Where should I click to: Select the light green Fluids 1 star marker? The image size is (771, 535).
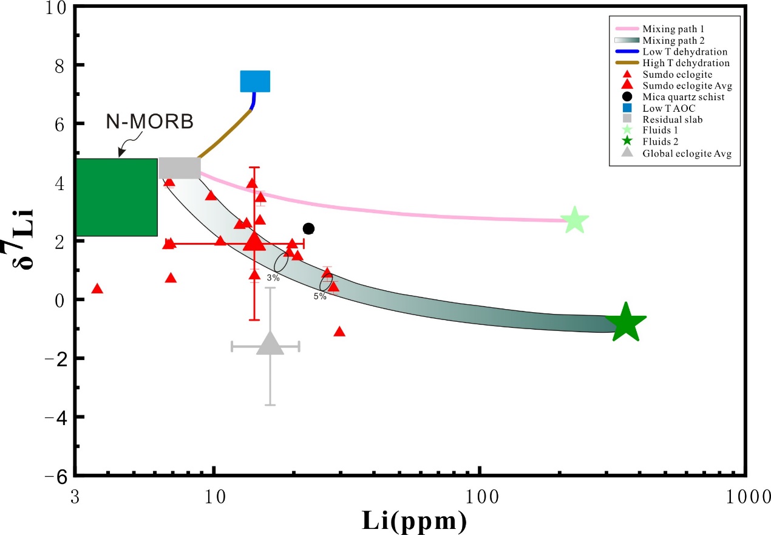pyautogui.click(x=574, y=220)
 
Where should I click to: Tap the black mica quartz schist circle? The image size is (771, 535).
pyautogui.click(x=308, y=228)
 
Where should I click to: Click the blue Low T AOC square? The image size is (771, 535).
pyautogui.click(x=255, y=81)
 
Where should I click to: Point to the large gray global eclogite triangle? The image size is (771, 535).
pyautogui.click(x=271, y=344)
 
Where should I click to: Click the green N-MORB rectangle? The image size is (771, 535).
pyautogui.click(x=117, y=197)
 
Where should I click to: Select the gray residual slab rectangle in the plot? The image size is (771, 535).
pyautogui.click(x=180, y=168)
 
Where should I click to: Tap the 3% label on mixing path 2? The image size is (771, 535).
pyautogui.click(x=273, y=278)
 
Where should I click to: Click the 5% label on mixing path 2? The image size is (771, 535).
pyautogui.click(x=320, y=296)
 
